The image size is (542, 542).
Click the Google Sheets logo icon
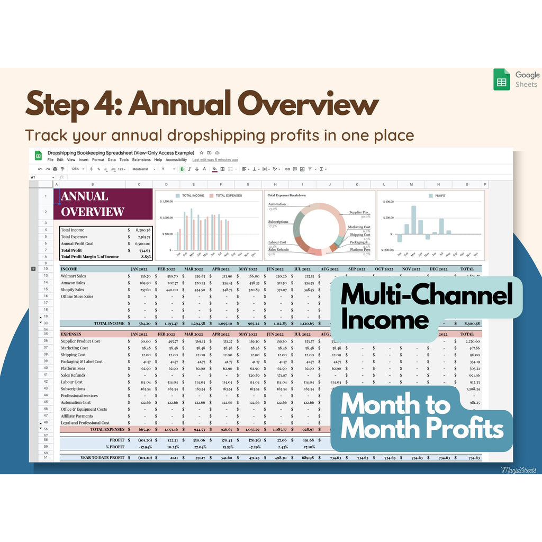[501, 79]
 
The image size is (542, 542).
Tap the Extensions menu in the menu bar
[141, 159]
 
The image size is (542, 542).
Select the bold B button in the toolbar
[182, 169]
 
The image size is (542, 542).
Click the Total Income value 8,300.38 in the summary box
[142, 230]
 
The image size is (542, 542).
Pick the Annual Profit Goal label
[78, 243]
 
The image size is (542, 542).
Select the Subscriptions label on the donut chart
[278, 222]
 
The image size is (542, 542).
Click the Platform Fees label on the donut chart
[360, 249]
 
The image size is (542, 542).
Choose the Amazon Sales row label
[73, 283]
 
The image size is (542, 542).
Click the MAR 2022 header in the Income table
[195, 269]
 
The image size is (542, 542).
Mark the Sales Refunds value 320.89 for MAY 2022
[254, 375]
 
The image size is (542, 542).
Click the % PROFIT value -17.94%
[142, 447]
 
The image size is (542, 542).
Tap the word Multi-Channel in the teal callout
[427, 294]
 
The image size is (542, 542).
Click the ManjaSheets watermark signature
[519, 469]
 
